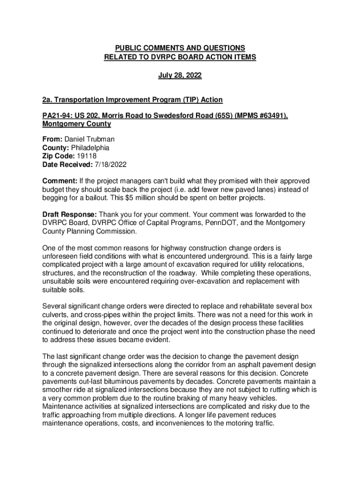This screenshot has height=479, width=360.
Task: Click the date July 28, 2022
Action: pos(180,75)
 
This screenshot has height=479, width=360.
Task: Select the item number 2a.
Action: pos(47,100)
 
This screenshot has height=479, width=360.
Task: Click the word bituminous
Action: pos(118,373)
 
